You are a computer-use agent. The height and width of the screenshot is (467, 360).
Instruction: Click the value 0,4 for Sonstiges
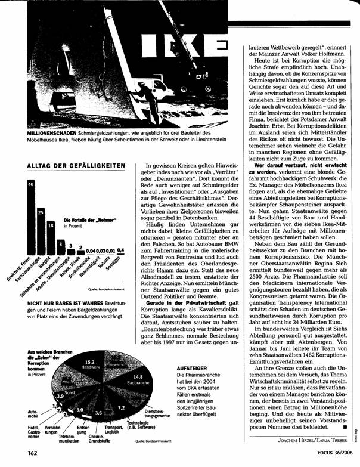tap(121, 249)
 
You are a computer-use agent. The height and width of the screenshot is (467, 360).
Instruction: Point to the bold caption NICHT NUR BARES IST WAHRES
tap(60, 304)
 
